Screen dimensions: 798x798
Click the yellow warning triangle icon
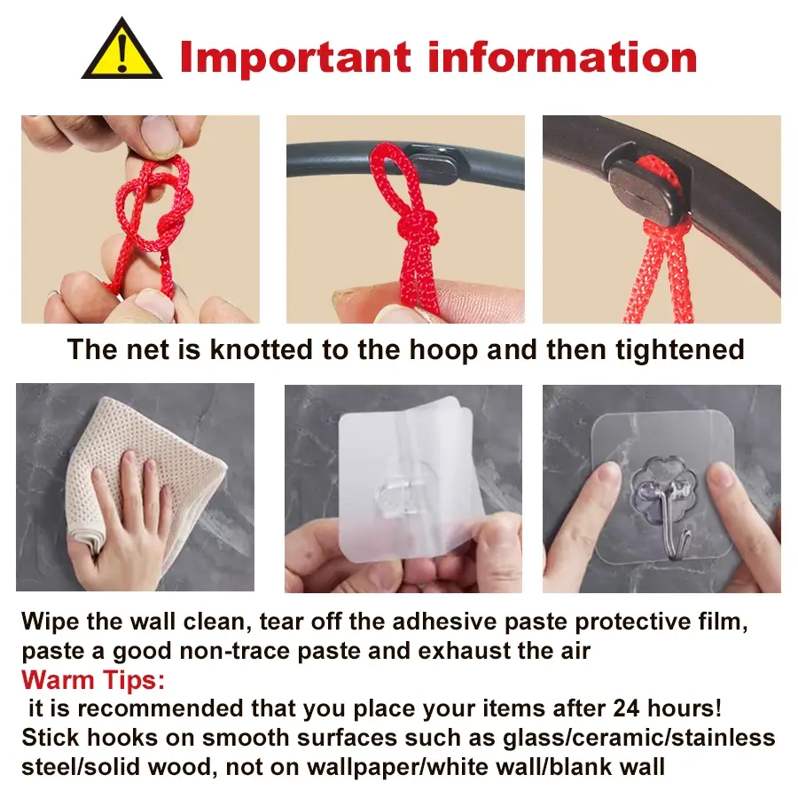(121, 51)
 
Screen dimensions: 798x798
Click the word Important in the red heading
(295, 58)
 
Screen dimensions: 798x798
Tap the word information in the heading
(562, 57)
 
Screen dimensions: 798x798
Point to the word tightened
(680, 350)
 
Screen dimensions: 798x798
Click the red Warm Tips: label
(93, 680)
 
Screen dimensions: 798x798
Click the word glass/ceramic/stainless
(639, 739)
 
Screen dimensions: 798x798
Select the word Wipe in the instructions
(51, 622)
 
